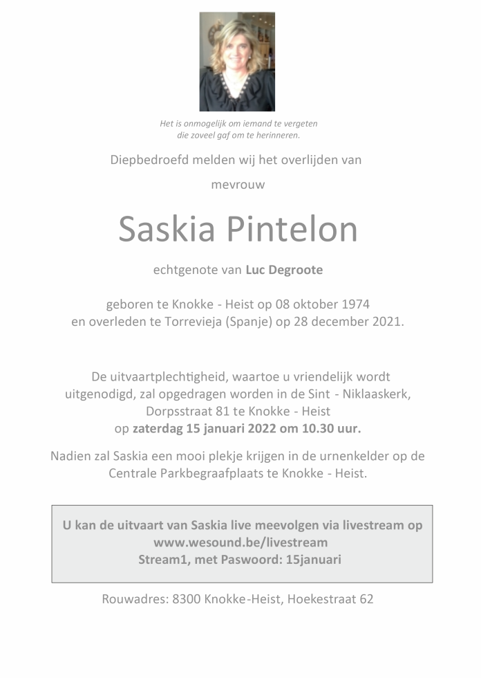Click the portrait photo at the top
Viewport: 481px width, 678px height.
click(x=237, y=62)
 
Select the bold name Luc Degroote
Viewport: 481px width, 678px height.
click(x=284, y=270)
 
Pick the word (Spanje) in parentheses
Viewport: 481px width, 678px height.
click(x=252, y=322)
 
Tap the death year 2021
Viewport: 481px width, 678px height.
click(x=389, y=322)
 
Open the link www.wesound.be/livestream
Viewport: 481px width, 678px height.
click(x=240, y=542)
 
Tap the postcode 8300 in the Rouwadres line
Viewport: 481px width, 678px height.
click(x=185, y=599)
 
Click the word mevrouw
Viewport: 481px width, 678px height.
click(x=238, y=185)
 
